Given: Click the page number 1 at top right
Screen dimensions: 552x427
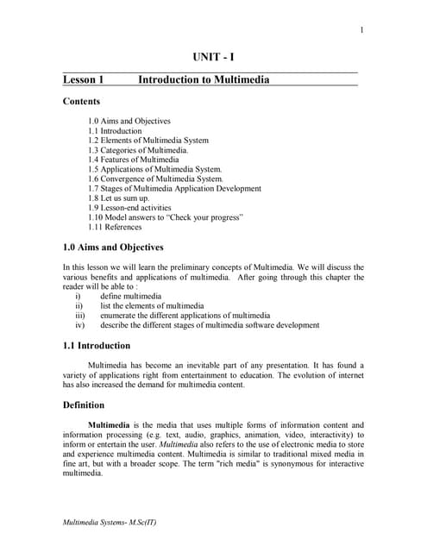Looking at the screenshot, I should click(361, 32).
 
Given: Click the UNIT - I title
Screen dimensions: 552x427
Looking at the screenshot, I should click(212, 58).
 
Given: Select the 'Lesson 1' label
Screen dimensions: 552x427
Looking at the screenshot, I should click(84, 80).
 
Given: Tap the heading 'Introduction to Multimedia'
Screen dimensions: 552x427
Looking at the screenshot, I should click(204, 80).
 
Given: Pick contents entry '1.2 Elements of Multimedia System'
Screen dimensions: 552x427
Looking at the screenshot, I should click(148, 141).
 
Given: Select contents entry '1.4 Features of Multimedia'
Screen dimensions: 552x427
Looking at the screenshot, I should click(134, 160).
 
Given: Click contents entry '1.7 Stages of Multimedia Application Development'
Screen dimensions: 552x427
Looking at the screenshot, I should click(174, 188).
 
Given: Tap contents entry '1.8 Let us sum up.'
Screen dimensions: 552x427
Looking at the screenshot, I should click(119, 198).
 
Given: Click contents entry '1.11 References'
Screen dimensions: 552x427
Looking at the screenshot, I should click(116, 227).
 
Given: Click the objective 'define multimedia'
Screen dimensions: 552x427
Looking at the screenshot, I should click(130, 296).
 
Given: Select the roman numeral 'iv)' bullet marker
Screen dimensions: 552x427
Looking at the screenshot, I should click(80, 325).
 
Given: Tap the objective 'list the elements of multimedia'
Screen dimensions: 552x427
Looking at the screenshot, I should click(152, 305).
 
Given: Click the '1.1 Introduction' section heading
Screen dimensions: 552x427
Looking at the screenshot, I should click(97, 345).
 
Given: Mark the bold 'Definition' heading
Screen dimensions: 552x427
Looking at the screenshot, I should click(84, 405).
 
